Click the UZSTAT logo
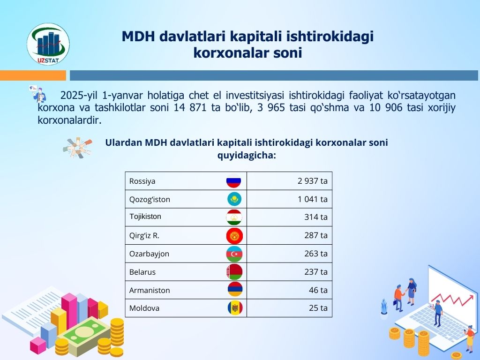(x=48, y=44)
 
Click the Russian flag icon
(x=233, y=180)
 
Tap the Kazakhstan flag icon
(x=234, y=199)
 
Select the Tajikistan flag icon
(x=234, y=217)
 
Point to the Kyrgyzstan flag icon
(x=234, y=236)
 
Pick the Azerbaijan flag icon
(x=234, y=254)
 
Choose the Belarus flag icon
(x=234, y=272)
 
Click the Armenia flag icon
(x=235, y=290)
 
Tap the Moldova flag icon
(x=235, y=307)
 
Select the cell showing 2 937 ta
(x=289, y=181)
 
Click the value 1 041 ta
(x=313, y=199)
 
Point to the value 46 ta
(x=318, y=290)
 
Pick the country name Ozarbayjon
(x=149, y=254)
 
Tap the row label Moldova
(x=144, y=308)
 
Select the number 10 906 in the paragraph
(x=386, y=107)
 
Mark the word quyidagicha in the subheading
(x=245, y=156)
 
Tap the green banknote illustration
(x=87, y=333)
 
